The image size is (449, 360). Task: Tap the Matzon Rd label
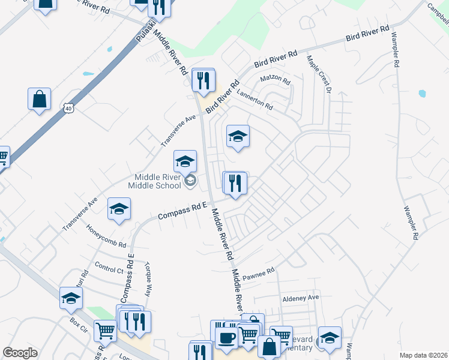[275, 80]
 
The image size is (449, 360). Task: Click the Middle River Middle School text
[154, 181]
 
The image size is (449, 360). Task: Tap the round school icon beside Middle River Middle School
[190, 181]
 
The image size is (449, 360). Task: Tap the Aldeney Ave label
[301, 298]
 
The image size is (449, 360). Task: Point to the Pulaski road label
[142, 30]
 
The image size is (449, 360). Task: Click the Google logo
[20, 353]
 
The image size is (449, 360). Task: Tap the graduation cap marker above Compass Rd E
[119, 209]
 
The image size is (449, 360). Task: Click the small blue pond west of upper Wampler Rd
[422, 94]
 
